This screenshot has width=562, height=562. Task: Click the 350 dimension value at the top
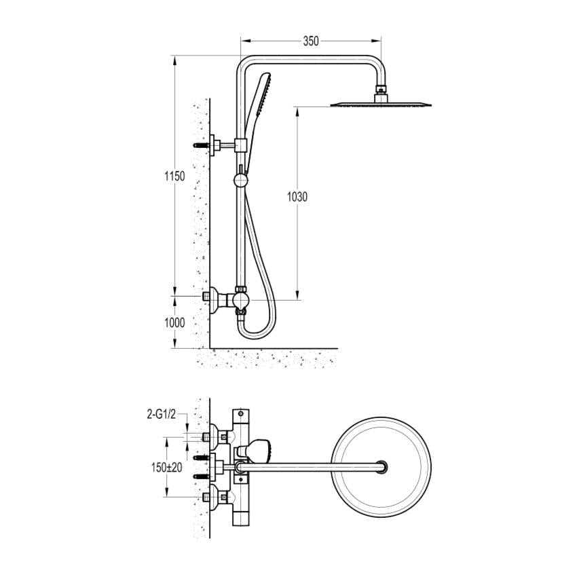click(x=310, y=41)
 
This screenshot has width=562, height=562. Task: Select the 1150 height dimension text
click(x=174, y=176)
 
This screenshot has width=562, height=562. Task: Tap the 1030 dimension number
click(x=297, y=197)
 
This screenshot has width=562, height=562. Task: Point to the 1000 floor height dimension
click(x=174, y=323)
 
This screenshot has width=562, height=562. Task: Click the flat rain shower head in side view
click(x=381, y=104)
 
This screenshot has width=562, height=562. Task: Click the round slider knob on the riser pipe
click(x=240, y=181)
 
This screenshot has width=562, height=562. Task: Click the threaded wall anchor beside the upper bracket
click(x=201, y=145)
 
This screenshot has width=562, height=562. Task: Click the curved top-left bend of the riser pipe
click(x=245, y=62)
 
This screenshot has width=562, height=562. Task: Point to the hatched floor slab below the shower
click(x=271, y=358)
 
